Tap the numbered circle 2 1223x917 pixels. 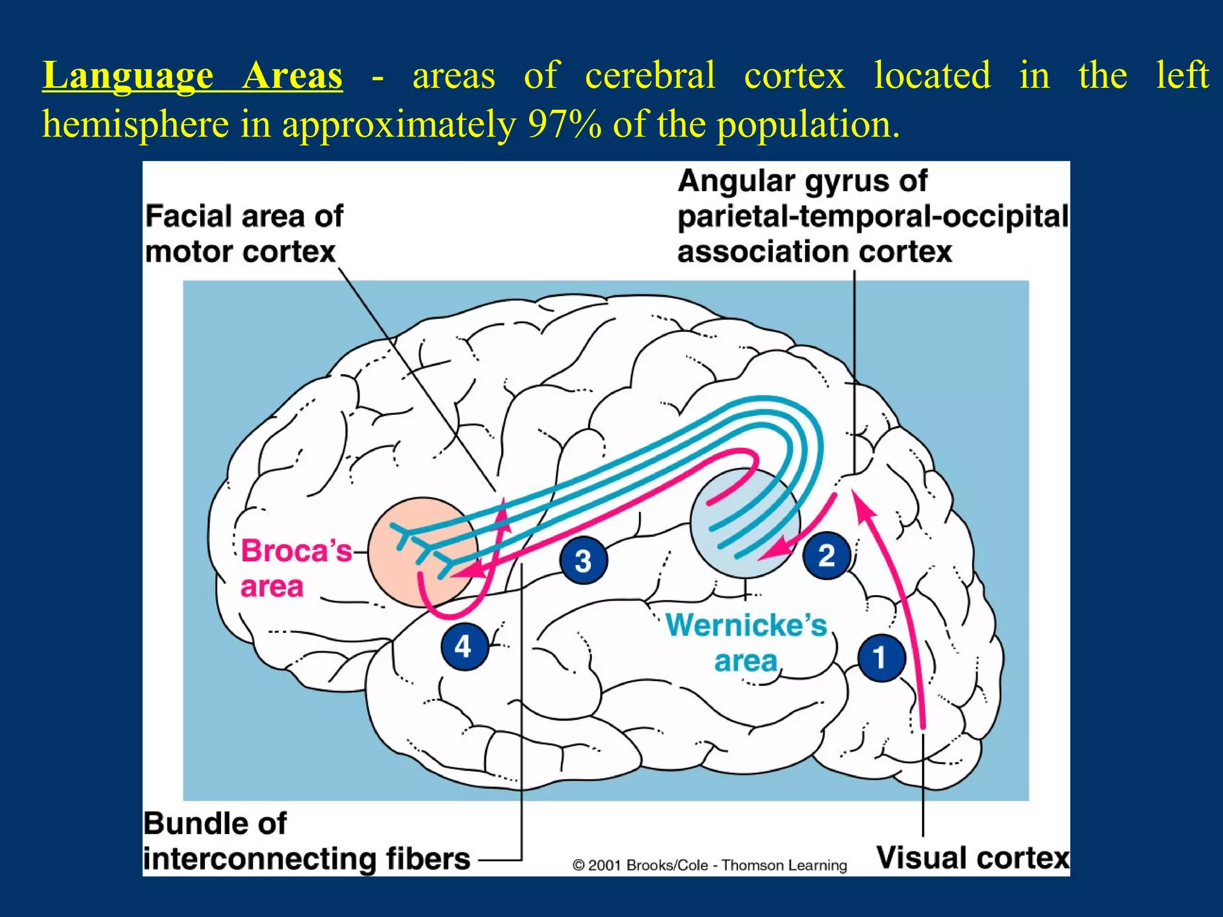coord(826,555)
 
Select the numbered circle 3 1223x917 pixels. coord(583,560)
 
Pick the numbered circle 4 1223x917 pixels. coord(463,647)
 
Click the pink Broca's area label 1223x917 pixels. coord(296,568)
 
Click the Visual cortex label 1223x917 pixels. coord(973,858)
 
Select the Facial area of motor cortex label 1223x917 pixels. coord(244,233)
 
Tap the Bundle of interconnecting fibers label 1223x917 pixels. coord(306,841)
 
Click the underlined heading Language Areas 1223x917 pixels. coord(192,76)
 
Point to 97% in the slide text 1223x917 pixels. coord(564,125)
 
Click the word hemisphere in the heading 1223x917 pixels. coord(136,125)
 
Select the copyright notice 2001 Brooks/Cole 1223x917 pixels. coord(709,865)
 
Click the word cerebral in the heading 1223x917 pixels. coord(650,76)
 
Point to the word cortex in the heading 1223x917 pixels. coord(794,76)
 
